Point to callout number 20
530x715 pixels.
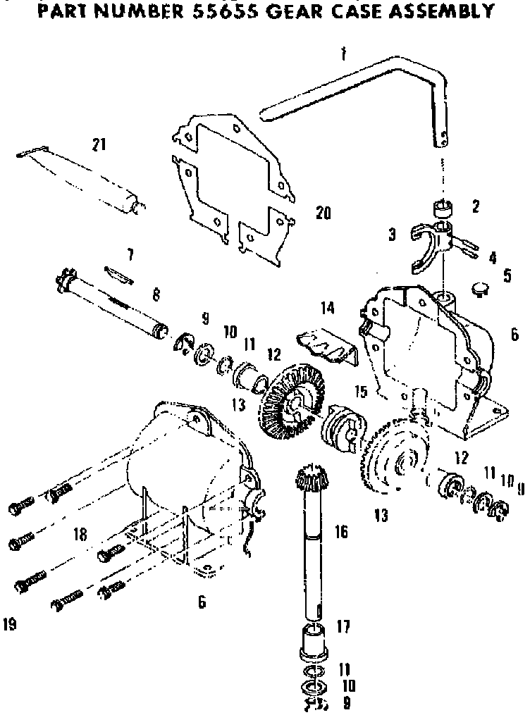click(x=323, y=213)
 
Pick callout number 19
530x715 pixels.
click(x=10, y=623)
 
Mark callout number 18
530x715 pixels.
click(x=80, y=535)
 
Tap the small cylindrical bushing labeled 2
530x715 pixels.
click(x=442, y=209)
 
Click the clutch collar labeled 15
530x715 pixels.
click(x=341, y=428)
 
